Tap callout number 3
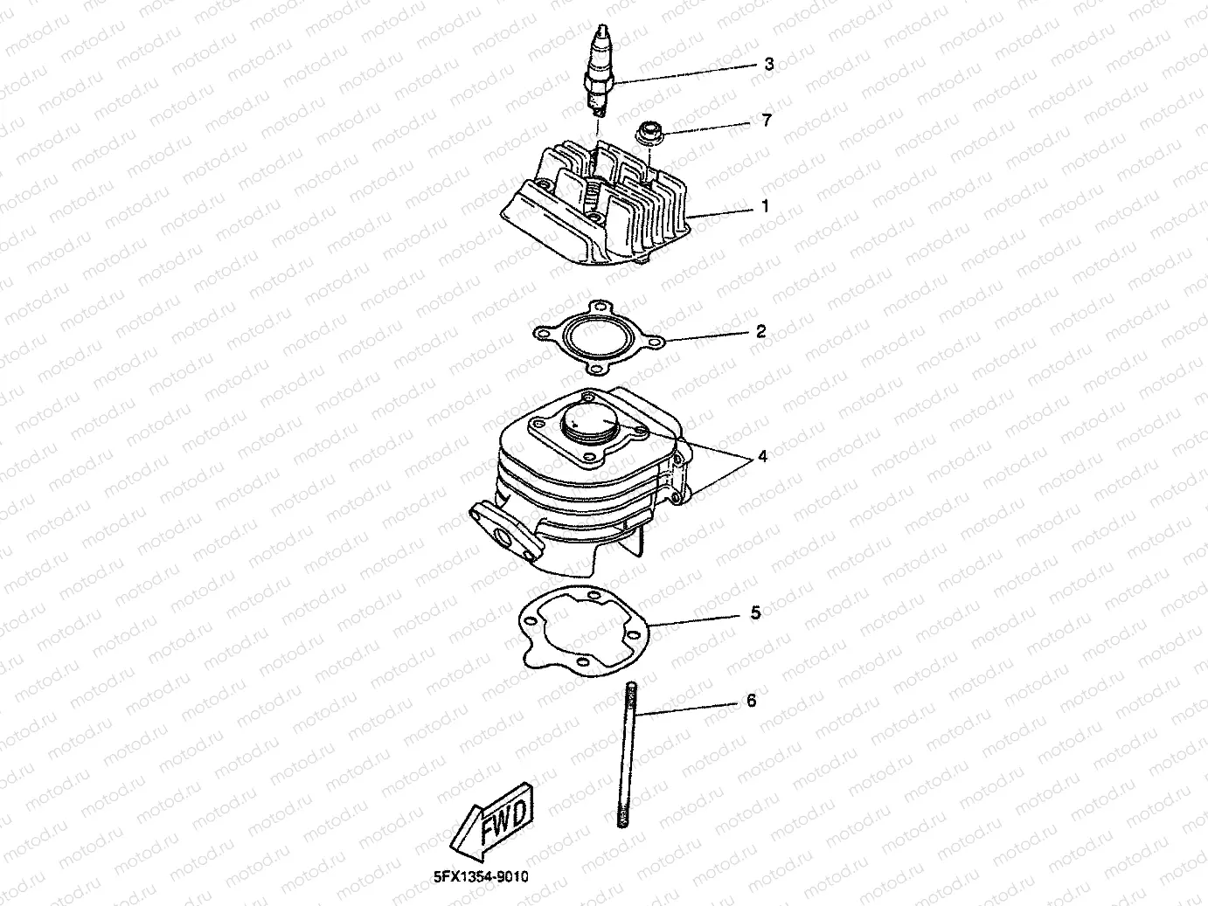click(x=768, y=64)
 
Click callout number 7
click(x=767, y=121)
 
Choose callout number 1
click(x=765, y=207)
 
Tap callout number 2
click(x=760, y=331)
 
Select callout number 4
click(x=762, y=456)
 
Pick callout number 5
click(x=756, y=613)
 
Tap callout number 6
click(x=751, y=701)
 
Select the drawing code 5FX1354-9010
click(x=481, y=876)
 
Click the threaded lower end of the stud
click(x=624, y=818)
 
